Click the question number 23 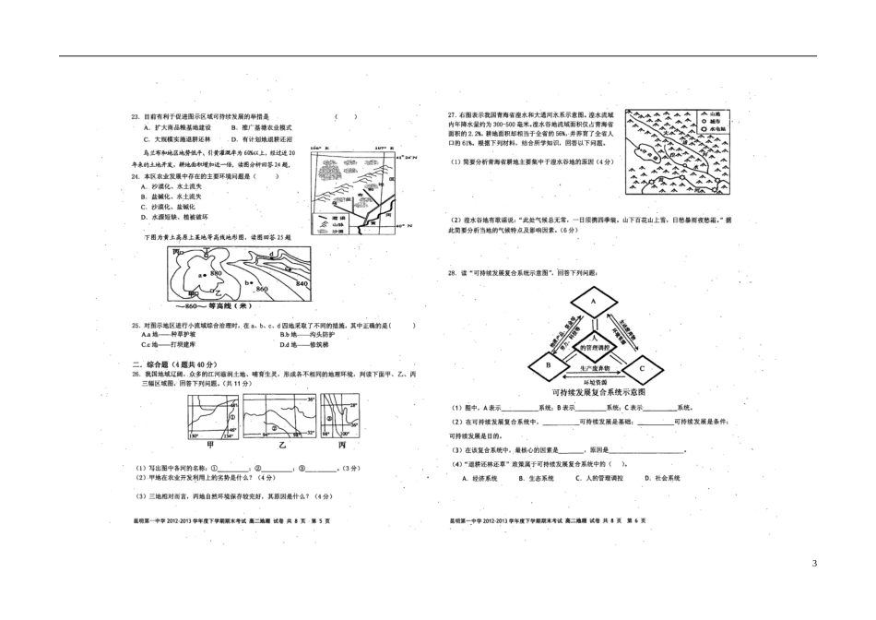pos(136,117)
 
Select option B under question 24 pos(145,197)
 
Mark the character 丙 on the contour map pos(176,251)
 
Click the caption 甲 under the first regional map pos(210,444)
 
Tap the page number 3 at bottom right pos(813,564)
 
